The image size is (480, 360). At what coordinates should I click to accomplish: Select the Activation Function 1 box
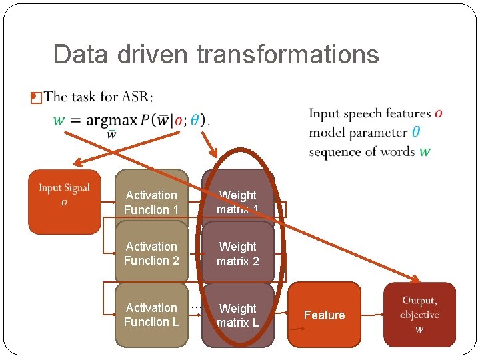coord(151,202)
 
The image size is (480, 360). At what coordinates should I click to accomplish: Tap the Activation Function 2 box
coord(151,253)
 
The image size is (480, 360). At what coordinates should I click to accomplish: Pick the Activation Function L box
coord(151,315)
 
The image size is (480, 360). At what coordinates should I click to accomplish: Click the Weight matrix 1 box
coord(238,202)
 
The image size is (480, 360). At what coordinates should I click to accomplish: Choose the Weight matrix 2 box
coord(238,253)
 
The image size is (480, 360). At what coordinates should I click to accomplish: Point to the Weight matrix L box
coord(238,315)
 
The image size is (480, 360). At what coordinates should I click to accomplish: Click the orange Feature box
coord(324,315)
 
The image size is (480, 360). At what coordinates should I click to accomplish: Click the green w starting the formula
coord(59,121)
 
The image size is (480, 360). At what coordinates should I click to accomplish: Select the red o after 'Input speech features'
coord(437,114)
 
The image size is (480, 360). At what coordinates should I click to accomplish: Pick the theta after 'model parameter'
coord(415,133)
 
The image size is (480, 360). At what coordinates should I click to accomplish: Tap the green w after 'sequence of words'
coord(425,151)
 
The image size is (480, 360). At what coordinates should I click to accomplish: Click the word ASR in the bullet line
coord(136,97)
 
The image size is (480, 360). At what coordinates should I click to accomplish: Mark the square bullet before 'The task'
coord(36,98)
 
